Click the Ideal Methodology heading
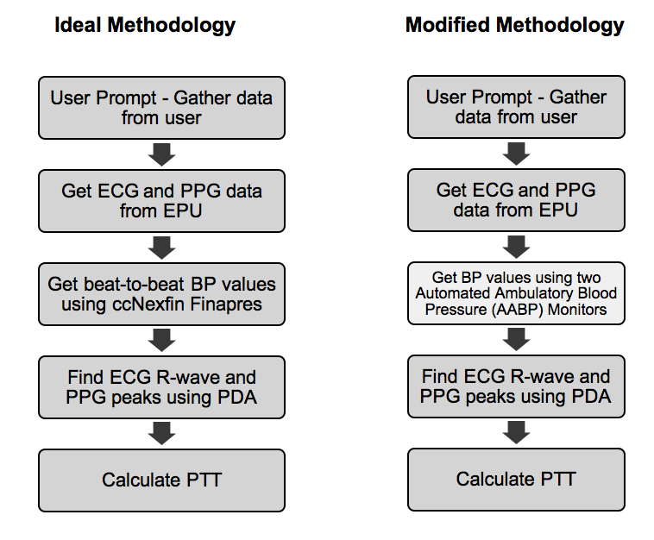pyautogui.click(x=144, y=25)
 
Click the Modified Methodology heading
pyautogui.click(x=514, y=25)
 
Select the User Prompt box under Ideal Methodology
pyautogui.click(x=161, y=108)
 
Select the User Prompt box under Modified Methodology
pyautogui.click(x=516, y=106)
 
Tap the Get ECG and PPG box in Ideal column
pyautogui.click(x=161, y=201)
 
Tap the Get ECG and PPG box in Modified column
pyautogui.click(x=516, y=200)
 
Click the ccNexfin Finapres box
pyautogui.click(x=161, y=294)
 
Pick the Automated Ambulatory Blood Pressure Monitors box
pyautogui.click(x=516, y=293)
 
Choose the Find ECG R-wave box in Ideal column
pyautogui.click(x=161, y=387)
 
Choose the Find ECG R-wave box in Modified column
pyautogui.click(x=516, y=386)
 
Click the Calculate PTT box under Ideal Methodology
pyautogui.click(x=161, y=480)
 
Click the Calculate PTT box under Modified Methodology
pyautogui.click(x=516, y=479)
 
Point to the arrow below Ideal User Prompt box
pyautogui.click(x=161, y=154)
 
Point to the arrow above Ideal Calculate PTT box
pyautogui.click(x=161, y=433)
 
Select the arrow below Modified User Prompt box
pyautogui.click(x=516, y=153)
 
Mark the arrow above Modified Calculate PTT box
pyautogui.click(x=516, y=432)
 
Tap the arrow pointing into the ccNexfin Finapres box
pyautogui.click(x=161, y=248)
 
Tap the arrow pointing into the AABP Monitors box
pyautogui.click(x=516, y=247)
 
